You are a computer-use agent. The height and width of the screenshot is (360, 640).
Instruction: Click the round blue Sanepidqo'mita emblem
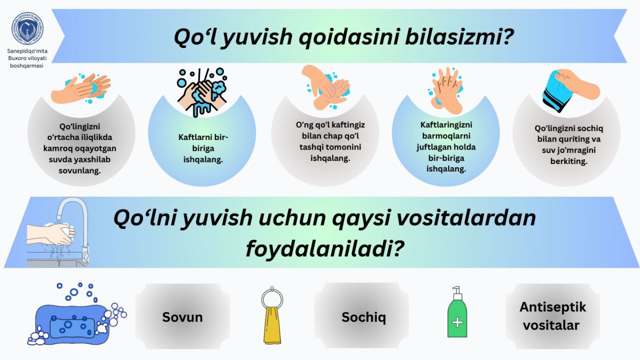(x=27, y=28)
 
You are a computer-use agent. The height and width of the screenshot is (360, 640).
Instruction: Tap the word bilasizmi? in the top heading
(x=459, y=37)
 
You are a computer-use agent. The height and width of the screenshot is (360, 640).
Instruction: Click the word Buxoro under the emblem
(x=17, y=58)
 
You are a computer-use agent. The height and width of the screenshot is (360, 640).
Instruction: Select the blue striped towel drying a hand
(x=557, y=91)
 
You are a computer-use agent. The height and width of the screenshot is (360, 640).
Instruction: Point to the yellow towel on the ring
(x=271, y=325)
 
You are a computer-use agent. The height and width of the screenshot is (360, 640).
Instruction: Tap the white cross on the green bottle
(x=457, y=322)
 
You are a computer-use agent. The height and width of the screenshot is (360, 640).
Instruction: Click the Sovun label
(x=182, y=317)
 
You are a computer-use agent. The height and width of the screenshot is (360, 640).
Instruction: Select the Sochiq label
(x=363, y=317)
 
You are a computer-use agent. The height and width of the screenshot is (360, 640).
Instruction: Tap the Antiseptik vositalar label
(x=552, y=316)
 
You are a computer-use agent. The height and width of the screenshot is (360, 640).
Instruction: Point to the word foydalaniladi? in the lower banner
(x=325, y=248)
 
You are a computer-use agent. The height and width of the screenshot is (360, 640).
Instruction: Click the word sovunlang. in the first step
(x=79, y=171)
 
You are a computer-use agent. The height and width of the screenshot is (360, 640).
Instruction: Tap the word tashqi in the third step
(x=313, y=147)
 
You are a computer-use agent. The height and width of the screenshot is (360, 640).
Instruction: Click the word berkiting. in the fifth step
(x=569, y=161)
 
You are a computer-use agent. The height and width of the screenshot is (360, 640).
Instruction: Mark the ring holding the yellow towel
(x=272, y=298)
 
